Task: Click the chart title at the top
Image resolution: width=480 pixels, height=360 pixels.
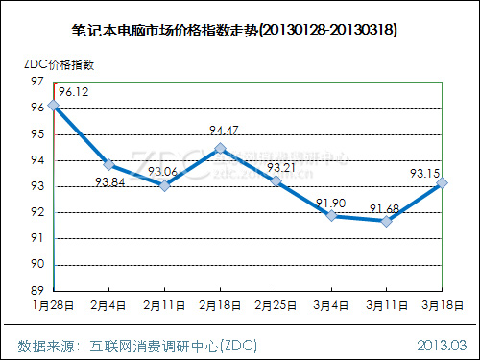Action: (234, 31)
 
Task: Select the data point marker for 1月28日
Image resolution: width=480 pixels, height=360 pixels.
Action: (54, 106)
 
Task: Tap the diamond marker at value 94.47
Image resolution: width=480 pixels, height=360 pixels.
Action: (220, 148)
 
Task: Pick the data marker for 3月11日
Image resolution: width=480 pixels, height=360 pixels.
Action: (387, 221)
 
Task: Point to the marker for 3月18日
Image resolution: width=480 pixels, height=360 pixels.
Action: (442, 183)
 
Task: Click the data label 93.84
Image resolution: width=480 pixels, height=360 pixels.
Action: (109, 182)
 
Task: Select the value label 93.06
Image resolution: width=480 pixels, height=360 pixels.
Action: (162, 172)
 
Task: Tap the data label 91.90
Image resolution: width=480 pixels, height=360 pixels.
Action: (331, 204)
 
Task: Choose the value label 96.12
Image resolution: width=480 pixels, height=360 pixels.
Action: (74, 92)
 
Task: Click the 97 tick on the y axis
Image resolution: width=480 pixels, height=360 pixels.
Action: (37, 82)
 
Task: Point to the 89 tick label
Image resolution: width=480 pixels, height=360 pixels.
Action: (37, 290)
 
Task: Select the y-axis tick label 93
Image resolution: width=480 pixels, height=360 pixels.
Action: (37, 186)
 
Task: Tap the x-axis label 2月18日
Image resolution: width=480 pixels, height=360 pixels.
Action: (220, 305)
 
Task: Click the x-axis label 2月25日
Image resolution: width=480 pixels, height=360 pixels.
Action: (276, 305)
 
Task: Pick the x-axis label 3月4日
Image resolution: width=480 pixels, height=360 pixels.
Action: (331, 305)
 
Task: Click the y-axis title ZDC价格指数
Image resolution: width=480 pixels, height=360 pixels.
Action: (60, 64)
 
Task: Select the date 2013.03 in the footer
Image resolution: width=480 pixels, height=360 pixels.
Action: (442, 346)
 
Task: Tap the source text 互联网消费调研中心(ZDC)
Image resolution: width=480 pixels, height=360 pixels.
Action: (173, 346)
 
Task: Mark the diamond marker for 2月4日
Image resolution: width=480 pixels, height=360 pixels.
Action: (109, 165)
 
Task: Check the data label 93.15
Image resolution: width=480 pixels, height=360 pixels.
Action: (425, 174)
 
